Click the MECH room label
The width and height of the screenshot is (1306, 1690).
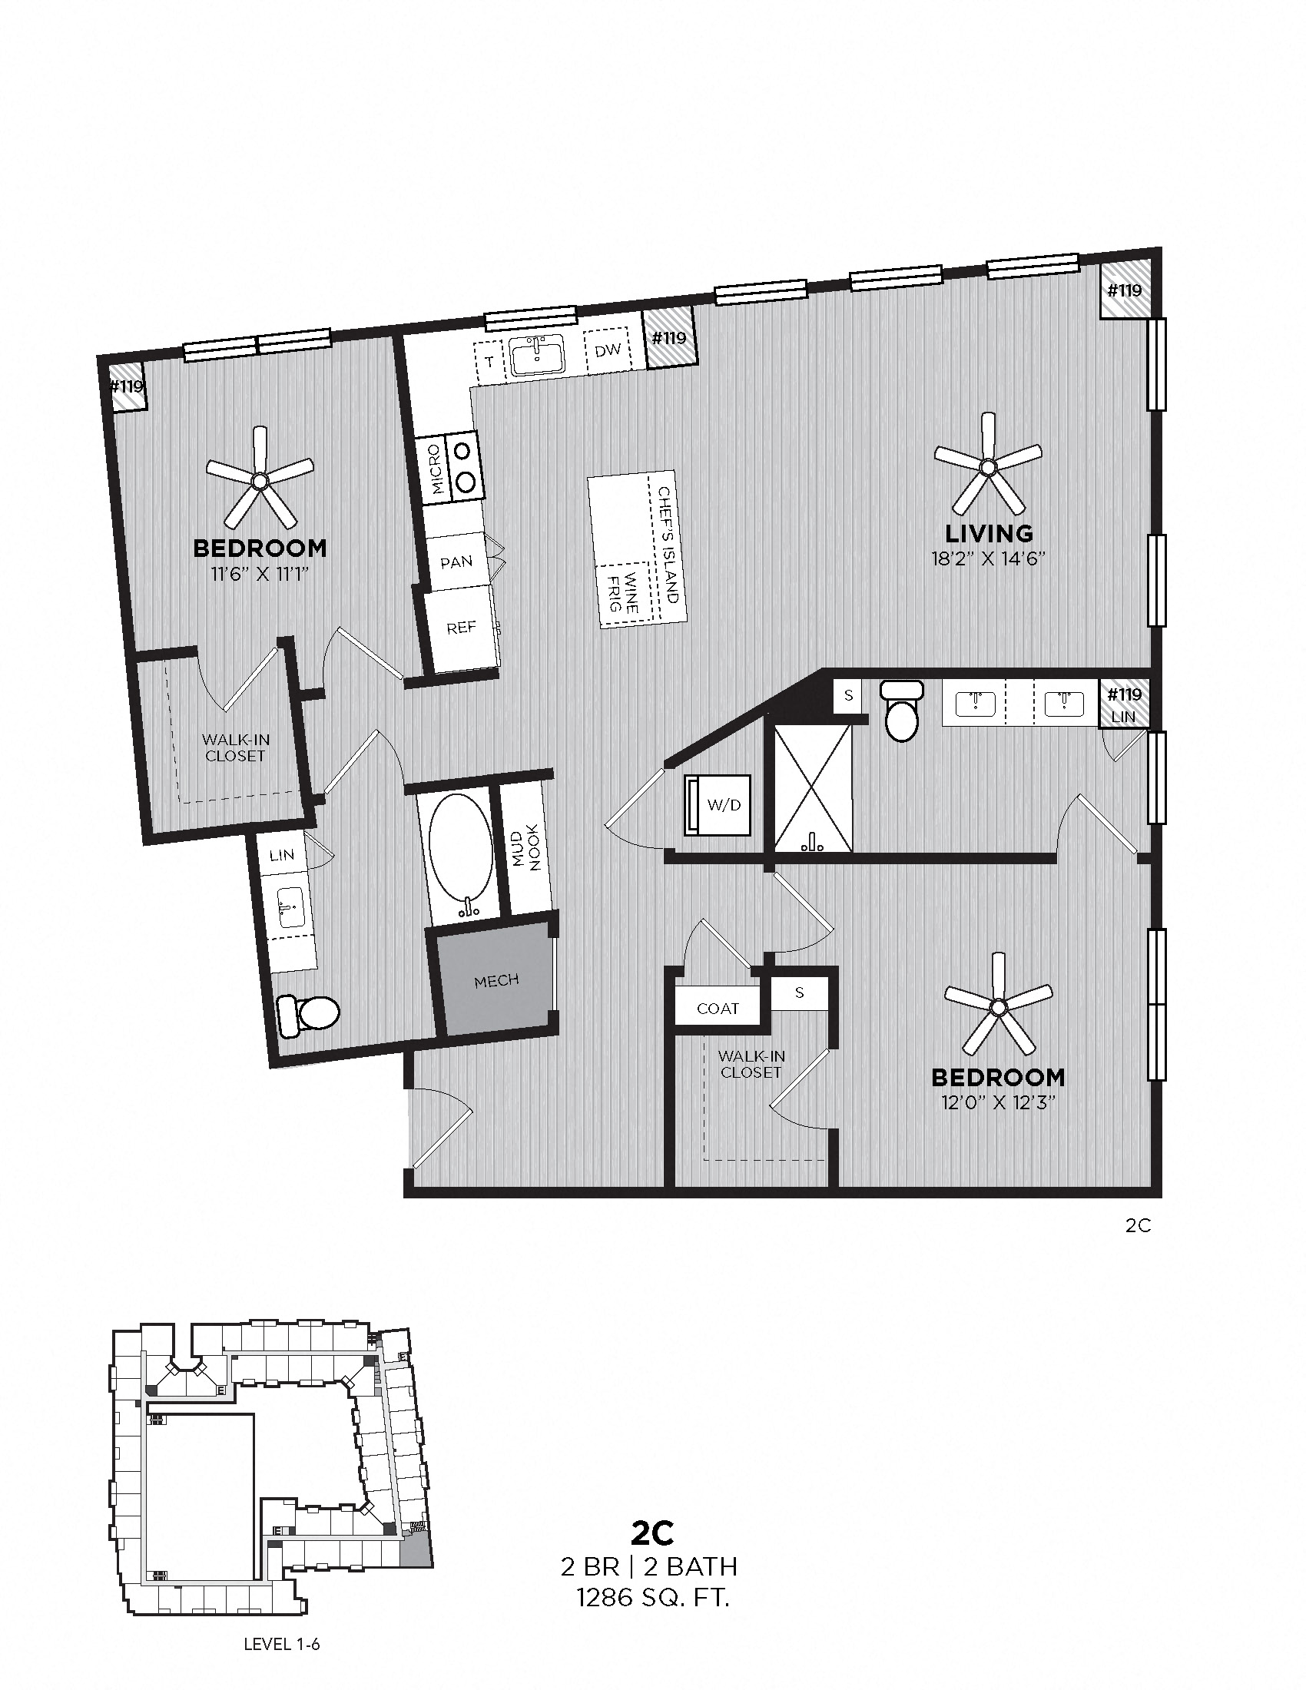(x=496, y=980)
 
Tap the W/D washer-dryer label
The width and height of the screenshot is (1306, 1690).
(x=724, y=805)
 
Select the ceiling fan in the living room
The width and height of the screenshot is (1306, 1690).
(x=987, y=466)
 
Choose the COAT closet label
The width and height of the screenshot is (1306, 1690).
(x=718, y=1009)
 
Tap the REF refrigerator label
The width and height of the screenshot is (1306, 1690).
(x=461, y=628)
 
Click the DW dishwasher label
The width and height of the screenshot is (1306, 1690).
(x=608, y=350)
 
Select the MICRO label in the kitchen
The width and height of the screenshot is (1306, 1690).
(x=436, y=469)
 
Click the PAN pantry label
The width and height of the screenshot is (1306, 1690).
(x=456, y=562)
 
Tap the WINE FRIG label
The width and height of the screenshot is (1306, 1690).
(x=622, y=592)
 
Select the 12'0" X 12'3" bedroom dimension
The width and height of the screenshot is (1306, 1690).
(x=999, y=1102)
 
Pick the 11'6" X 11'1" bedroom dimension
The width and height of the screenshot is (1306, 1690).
(x=259, y=574)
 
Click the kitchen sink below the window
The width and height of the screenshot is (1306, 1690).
(x=538, y=356)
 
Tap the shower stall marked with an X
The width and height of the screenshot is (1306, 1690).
(x=811, y=788)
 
